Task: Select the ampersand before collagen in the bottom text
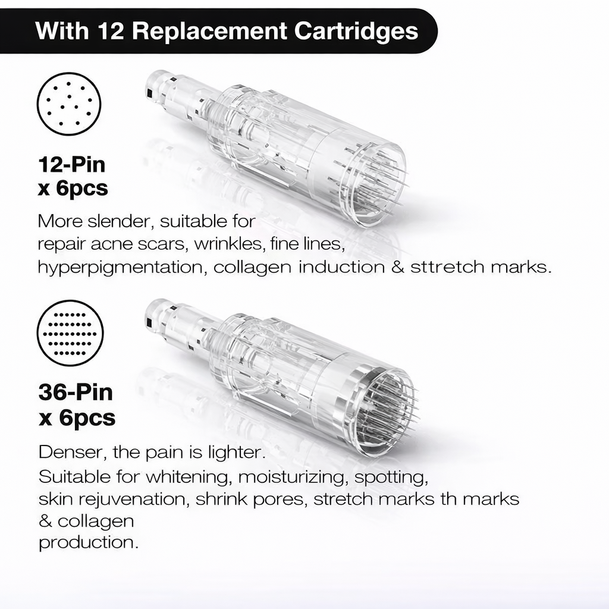[45, 521]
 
